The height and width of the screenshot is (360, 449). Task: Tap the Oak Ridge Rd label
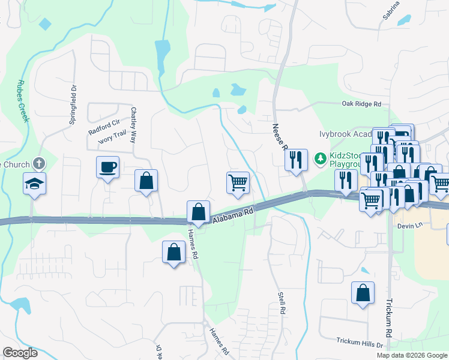click(361, 104)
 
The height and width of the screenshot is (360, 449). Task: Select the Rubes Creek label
click(24, 99)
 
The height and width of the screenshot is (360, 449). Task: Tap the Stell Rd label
click(281, 304)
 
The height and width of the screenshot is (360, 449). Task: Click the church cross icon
click(39, 163)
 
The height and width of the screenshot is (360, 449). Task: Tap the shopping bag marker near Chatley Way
click(146, 180)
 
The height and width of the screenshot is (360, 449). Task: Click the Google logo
click(20, 353)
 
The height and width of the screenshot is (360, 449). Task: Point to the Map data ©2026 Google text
click(412, 355)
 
